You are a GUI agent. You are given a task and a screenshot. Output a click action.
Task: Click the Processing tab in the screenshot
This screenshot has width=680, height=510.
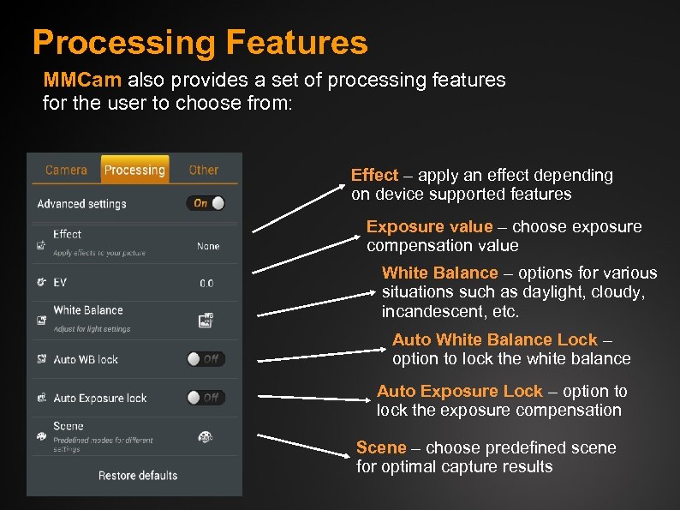[134, 170]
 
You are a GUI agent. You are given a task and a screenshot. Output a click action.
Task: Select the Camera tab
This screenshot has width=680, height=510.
[66, 170]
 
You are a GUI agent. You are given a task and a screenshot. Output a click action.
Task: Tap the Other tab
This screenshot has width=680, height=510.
[204, 170]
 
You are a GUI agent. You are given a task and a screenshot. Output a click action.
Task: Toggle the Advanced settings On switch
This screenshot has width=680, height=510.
[206, 203]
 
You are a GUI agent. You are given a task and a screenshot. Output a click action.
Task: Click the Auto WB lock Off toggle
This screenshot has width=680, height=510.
[206, 359]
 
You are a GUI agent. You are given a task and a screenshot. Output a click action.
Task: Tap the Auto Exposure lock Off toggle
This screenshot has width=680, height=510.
[206, 397]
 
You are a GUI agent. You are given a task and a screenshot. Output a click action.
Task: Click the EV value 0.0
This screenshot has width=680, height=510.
[206, 283]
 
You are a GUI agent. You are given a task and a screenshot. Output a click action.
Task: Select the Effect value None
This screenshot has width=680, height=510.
[208, 246]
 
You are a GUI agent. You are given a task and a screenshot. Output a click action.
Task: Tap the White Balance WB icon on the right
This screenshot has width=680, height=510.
[206, 321]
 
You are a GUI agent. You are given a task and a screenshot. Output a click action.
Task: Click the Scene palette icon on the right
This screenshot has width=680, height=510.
[206, 436]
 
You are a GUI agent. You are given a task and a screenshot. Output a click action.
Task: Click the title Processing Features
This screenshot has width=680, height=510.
[200, 42]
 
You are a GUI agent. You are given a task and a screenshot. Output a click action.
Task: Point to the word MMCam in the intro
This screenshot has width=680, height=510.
[83, 81]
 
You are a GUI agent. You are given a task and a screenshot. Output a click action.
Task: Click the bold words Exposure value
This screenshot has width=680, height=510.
[429, 227]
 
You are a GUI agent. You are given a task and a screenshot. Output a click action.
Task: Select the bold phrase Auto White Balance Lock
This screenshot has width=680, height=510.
[494, 340]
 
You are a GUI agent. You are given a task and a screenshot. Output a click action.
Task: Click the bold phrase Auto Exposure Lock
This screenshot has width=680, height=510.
[460, 391]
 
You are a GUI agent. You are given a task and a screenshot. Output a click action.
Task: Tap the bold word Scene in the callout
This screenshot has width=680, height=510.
[381, 447]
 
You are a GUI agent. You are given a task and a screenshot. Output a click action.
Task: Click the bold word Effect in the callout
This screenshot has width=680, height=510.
[374, 175]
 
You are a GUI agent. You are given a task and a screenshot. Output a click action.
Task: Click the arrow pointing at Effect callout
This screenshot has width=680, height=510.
[299, 206]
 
